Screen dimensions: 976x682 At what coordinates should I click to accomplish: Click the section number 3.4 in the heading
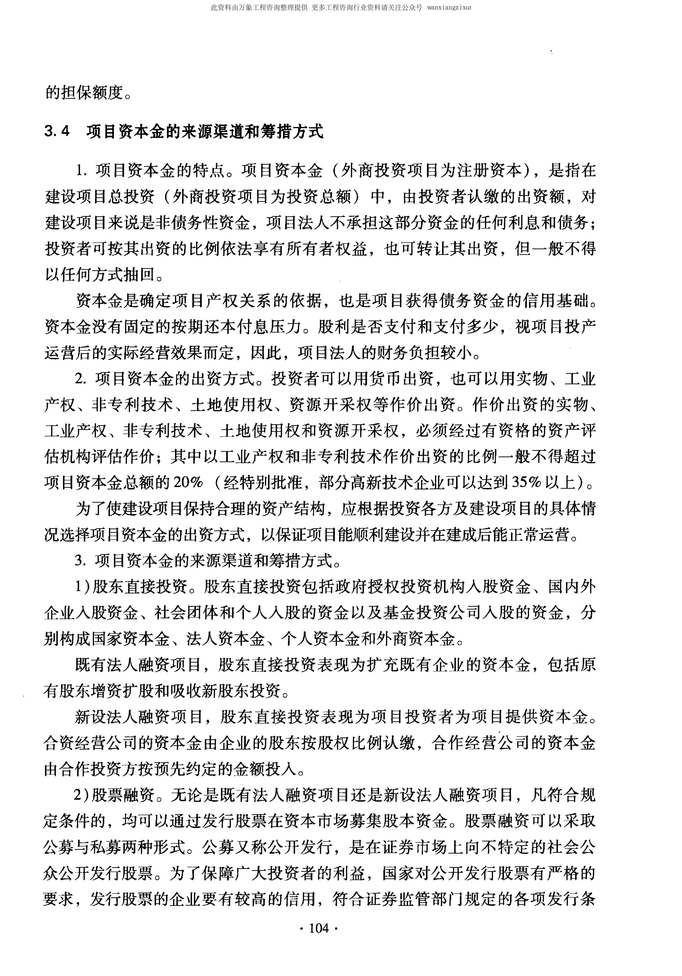[57, 131]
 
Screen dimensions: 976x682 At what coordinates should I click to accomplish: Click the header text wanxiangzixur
[449, 8]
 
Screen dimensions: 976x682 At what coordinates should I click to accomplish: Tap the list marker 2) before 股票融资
[82, 795]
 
